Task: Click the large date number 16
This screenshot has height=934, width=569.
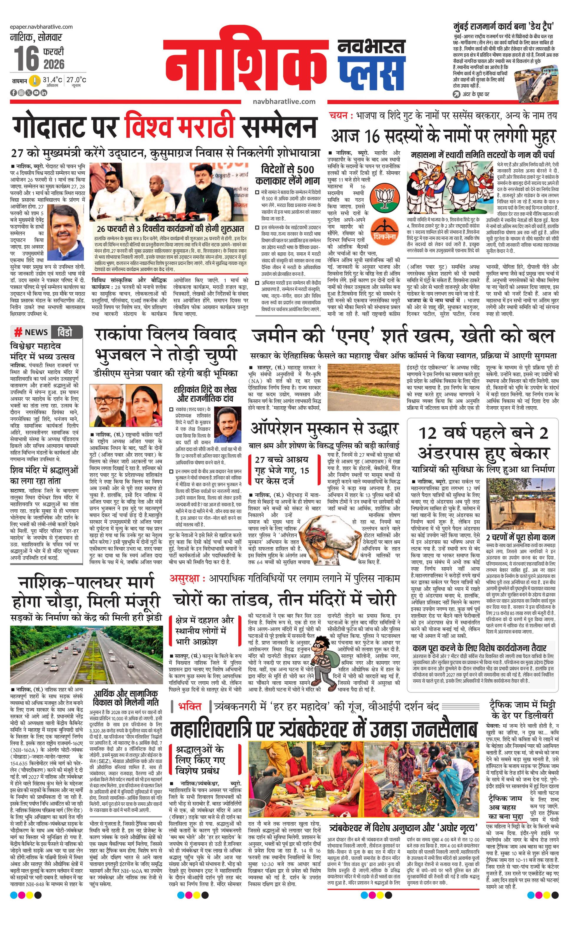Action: pos(27,58)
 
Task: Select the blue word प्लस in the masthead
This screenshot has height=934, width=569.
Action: pos(371,74)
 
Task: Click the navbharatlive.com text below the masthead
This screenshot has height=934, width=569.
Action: pos(284,102)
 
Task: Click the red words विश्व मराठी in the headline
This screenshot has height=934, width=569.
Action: pos(181,125)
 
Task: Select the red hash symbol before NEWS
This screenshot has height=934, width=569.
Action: pos(18,332)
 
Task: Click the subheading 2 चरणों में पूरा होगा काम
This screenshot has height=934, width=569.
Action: pos(520,537)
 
